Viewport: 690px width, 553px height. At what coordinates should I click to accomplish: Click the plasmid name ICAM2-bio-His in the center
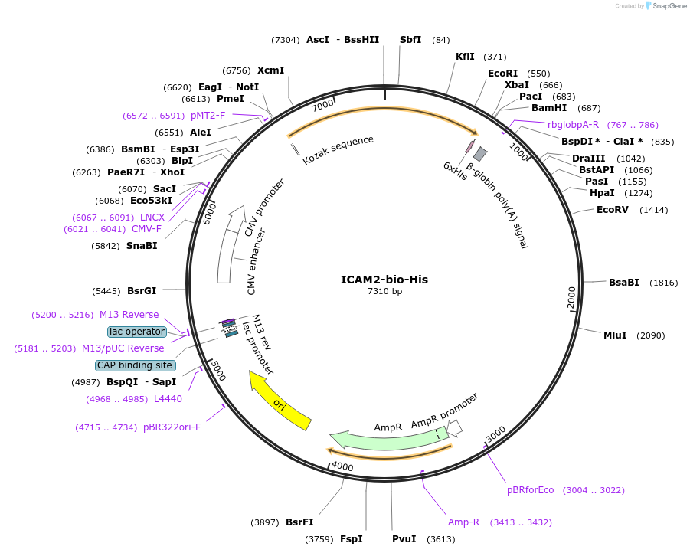tap(384, 280)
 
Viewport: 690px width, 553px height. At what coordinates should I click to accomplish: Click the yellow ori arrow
tap(280, 400)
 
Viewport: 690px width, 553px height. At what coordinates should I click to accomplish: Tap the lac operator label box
tap(137, 332)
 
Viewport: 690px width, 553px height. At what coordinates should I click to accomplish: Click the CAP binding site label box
tap(135, 365)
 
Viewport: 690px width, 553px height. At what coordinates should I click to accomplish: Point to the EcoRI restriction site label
tap(502, 74)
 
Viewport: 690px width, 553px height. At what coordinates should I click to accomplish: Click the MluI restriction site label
tap(615, 335)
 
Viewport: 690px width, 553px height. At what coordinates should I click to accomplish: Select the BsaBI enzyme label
tap(623, 283)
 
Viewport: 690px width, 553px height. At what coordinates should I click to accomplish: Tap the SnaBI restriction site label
tap(142, 246)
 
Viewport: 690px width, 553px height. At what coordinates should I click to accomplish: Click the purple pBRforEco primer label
tap(530, 490)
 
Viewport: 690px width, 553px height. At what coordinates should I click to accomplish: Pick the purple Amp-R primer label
tap(463, 522)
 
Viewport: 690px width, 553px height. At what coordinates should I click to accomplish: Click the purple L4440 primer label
tap(168, 399)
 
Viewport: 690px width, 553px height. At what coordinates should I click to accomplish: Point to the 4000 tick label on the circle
tap(342, 466)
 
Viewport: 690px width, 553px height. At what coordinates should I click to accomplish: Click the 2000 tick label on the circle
tap(571, 297)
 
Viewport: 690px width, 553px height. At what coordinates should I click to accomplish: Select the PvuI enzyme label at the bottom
tap(404, 539)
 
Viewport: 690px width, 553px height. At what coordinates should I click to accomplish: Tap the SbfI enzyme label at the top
tap(410, 40)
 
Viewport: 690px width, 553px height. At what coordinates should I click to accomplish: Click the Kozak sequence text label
tap(338, 150)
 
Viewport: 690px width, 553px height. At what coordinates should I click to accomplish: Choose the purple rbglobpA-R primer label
tap(573, 125)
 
